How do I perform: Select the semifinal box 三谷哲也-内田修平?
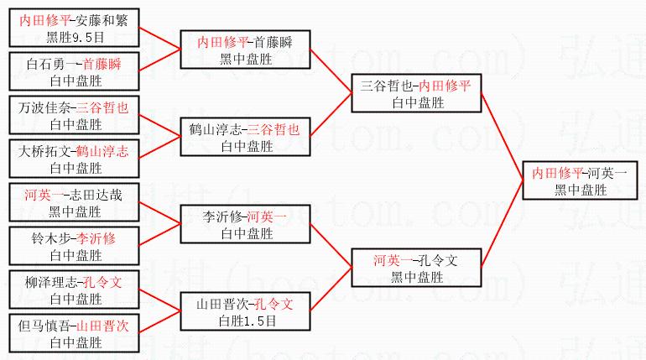pos(414,93)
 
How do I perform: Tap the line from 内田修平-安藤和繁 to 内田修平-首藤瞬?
pos(159,38)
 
